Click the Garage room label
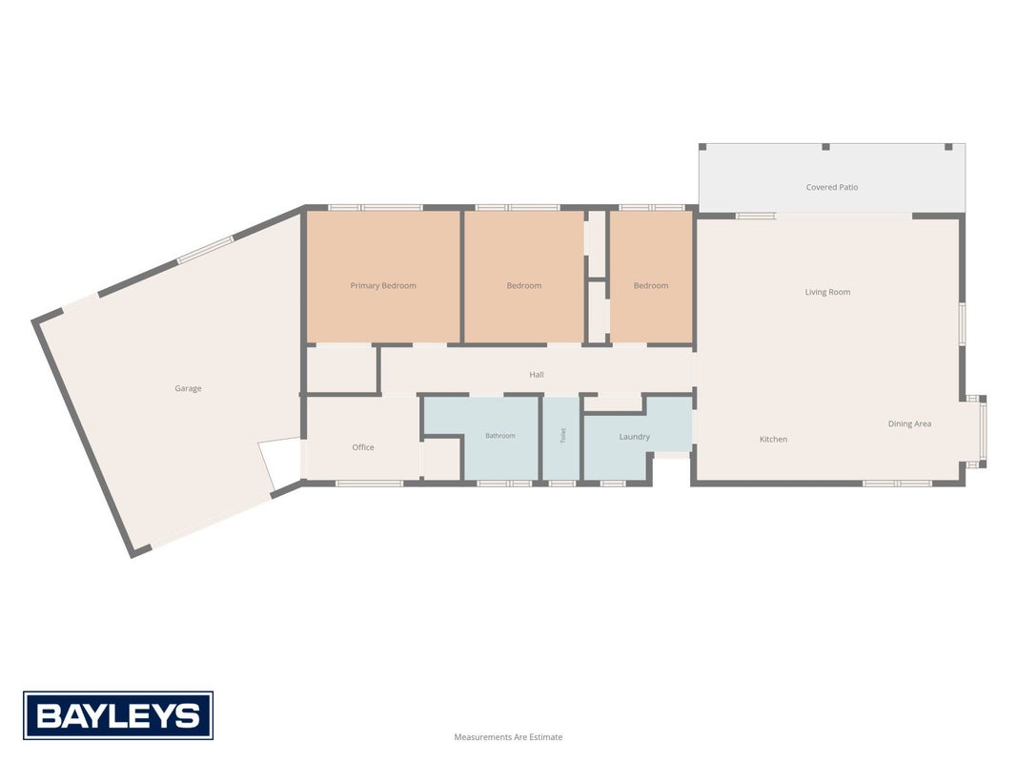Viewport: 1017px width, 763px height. pyautogui.click(x=188, y=388)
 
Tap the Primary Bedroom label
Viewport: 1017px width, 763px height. pyautogui.click(x=383, y=285)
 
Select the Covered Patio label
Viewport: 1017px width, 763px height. pyautogui.click(x=832, y=187)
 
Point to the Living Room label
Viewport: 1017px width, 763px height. pyautogui.click(x=827, y=292)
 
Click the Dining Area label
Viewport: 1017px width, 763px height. pyautogui.click(x=910, y=423)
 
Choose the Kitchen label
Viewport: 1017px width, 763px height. pyautogui.click(x=774, y=440)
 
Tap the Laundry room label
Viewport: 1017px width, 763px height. pyautogui.click(x=635, y=437)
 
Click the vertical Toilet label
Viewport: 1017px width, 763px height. pyautogui.click(x=563, y=435)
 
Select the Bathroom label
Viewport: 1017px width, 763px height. pyautogui.click(x=500, y=435)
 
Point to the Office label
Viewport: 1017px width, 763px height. pyautogui.click(x=363, y=447)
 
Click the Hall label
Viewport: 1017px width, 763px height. pyautogui.click(x=537, y=375)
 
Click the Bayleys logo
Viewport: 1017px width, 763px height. pyautogui.click(x=118, y=715)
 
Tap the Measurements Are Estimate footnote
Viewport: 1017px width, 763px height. pyautogui.click(x=509, y=737)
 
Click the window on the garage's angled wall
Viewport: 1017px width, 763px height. pyautogui.click(x=206, y=250)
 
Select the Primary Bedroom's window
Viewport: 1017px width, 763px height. pyautogui.click(x=376, y=208)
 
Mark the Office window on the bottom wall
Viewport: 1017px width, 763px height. pyautogui.click(x=370, y=483)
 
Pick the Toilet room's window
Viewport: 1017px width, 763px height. pyautogui.click(x=561, y=483)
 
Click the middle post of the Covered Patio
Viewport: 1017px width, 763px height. pyautogui.click(x=825, y=147)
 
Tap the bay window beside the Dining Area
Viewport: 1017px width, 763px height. pyautogui.click(x=982, y=431)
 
